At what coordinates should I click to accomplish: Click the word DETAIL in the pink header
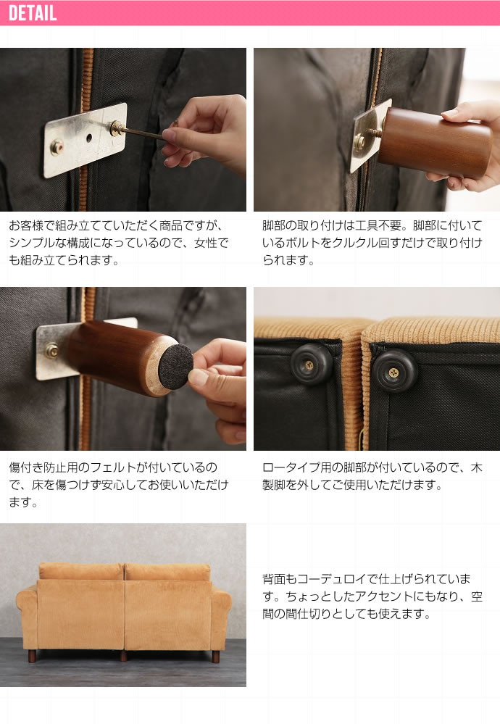(x=33, y=13)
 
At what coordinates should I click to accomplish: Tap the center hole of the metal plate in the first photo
(x=88, y=138)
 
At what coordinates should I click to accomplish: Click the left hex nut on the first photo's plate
(x=57, y=147)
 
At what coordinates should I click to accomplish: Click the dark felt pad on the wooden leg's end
(x=175, y=367)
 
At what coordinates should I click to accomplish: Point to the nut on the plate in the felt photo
(x=51, y=351)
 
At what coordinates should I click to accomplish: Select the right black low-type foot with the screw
(x=393, y=370)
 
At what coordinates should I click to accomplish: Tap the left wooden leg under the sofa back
(x=32, y=656)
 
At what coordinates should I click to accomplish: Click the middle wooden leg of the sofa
(x=123, y=656)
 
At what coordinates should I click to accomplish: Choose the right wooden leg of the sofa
(x=216, y=656)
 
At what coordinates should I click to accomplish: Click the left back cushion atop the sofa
(x=81, y=572)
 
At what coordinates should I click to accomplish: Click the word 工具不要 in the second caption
(x=378, y=225)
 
